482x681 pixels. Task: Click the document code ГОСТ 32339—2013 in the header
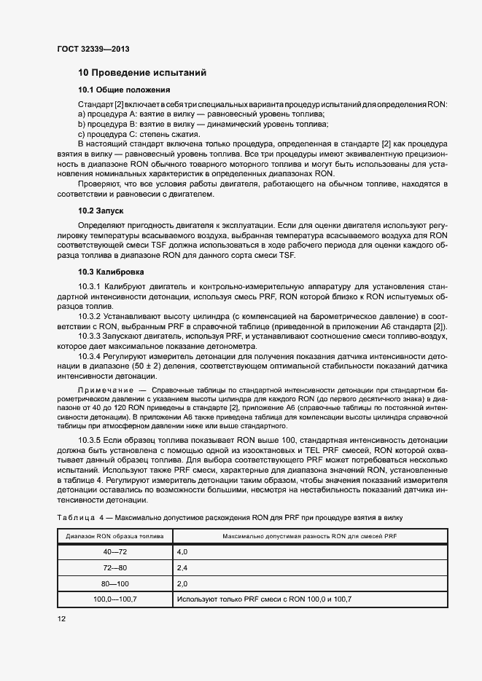point(93,49)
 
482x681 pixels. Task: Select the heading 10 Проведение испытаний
point(142,73)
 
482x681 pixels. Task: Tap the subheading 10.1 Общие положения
point(124,90)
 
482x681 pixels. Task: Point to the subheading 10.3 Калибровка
point(111,272)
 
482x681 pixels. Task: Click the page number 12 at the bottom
point(61,618)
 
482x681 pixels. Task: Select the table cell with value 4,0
point(182,553)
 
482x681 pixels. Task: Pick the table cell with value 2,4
point(182,568)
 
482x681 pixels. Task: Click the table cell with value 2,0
point(182,583)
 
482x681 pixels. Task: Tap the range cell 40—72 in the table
point(115,553)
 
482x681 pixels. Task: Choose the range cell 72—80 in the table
point(115,568)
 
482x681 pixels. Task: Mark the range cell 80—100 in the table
point(115,583)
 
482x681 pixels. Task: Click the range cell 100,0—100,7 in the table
point(115,599)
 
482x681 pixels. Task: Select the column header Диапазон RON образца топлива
point(114,536)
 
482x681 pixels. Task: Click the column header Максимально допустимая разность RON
point(309,536)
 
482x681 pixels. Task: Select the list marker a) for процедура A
point(82,115)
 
